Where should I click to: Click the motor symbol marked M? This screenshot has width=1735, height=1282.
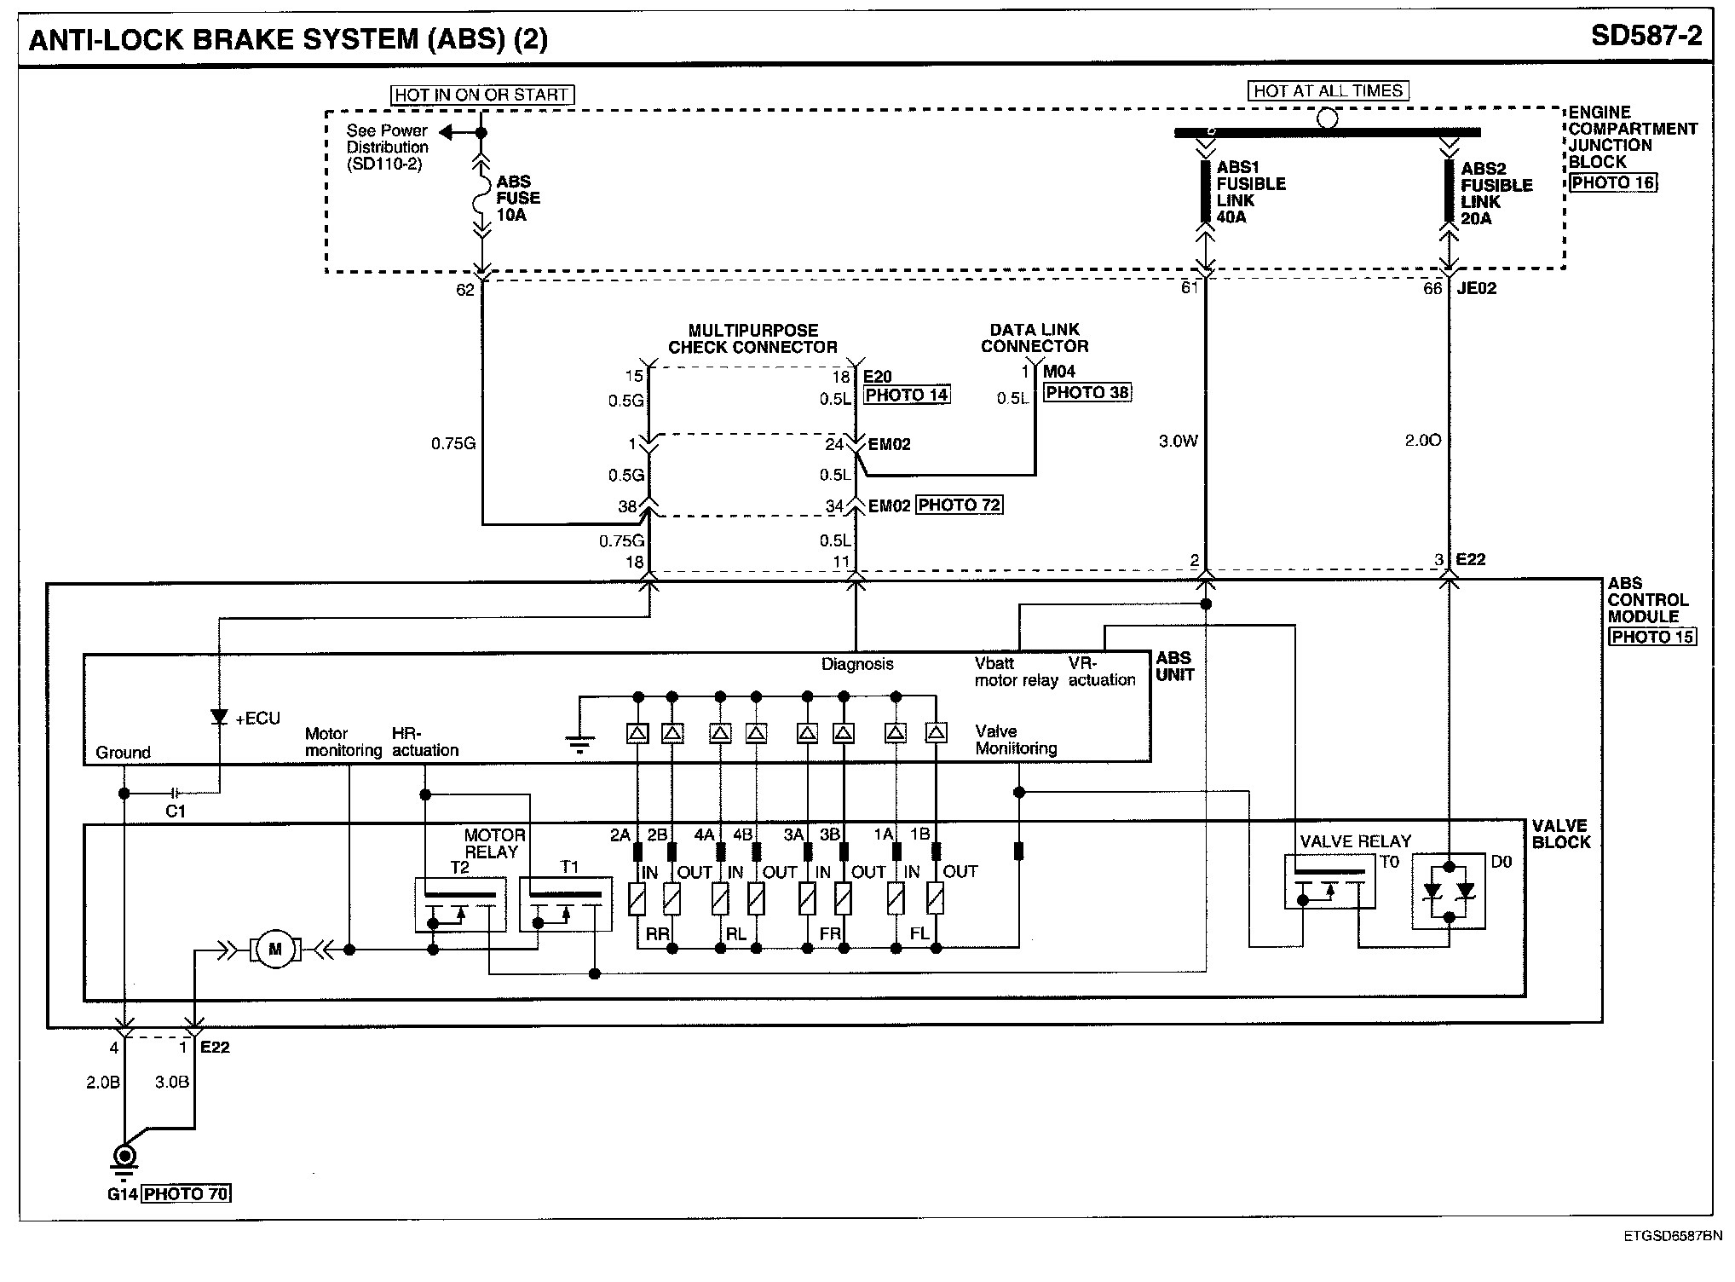tap(274, 949)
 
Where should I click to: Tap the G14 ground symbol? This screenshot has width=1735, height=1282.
tap(125, 1158)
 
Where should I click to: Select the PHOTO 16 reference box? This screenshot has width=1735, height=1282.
tap(1614, 182)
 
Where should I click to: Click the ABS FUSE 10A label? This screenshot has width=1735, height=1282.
tap(517, 199)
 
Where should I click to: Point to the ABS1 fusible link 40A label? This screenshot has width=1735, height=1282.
tap(1250, 193)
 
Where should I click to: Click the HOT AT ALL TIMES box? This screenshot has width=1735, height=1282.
tap(1328, 91)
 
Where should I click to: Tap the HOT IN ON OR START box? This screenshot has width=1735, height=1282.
tap(482, 95)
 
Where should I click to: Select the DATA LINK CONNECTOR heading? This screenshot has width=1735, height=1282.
tap(1035, 338)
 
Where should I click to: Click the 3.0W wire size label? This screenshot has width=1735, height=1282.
tap(1179, 442)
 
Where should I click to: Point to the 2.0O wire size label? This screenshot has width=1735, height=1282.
tap(1423, 441)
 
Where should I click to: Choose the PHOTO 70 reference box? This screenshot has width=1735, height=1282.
tap(187, 1193)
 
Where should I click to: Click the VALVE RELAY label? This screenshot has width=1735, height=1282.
tap(1355, 841)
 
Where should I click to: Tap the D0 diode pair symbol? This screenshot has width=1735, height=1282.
tap(1449, 892)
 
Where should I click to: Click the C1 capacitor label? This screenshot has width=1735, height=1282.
tap(175, 811)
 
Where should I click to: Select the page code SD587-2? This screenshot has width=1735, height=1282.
tap(1646, 37)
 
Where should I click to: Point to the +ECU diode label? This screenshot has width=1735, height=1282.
tap(257, 719)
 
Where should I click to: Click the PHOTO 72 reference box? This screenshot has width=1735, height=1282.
tap(960, 505)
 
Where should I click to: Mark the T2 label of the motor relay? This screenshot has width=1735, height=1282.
tap(459, 868)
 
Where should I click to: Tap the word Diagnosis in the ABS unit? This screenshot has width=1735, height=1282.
tap(857, 664)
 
